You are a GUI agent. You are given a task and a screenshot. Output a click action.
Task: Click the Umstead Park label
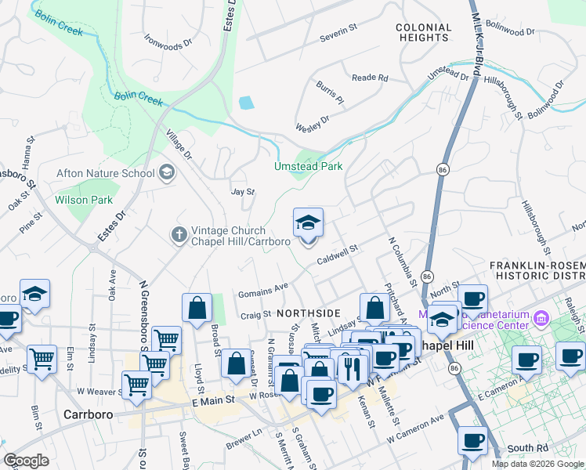point(308,166)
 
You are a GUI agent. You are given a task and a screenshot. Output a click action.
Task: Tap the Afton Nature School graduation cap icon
point(166,172)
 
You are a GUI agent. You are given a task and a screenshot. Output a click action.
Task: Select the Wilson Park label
point(84,200)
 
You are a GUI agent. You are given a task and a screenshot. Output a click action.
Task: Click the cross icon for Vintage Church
point(179,234)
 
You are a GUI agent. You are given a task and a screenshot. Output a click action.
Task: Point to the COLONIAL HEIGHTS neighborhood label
point(423,32)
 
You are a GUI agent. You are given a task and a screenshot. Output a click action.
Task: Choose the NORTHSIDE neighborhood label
point(308,313)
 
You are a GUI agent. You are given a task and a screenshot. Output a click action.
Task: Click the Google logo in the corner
point(26,461)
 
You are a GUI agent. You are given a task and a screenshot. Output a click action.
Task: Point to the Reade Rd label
point(370,78)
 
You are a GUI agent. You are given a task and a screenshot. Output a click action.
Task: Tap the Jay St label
point(243,191)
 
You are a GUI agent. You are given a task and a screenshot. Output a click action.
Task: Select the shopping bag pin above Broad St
point(197,307)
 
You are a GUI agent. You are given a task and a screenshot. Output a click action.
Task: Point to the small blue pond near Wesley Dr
point(246,103)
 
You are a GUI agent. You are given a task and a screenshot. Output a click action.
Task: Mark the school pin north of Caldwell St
point(308,222)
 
